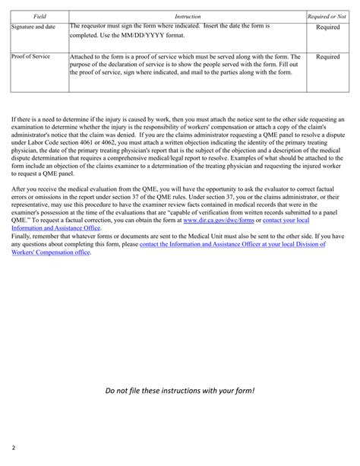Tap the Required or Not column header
click(327, 15)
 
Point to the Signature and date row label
click(34, 27)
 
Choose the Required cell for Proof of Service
click(327, 56)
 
